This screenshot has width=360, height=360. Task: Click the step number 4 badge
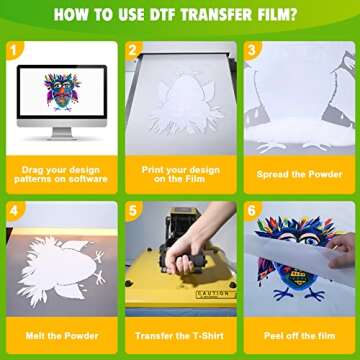tap(14, 211)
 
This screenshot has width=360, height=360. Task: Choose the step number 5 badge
tap(134, 211)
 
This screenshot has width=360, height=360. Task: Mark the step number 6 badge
tap(253, 211)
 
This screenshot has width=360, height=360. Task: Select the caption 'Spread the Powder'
tap(299, 174)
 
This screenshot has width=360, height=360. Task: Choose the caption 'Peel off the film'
tap(299, 334)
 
